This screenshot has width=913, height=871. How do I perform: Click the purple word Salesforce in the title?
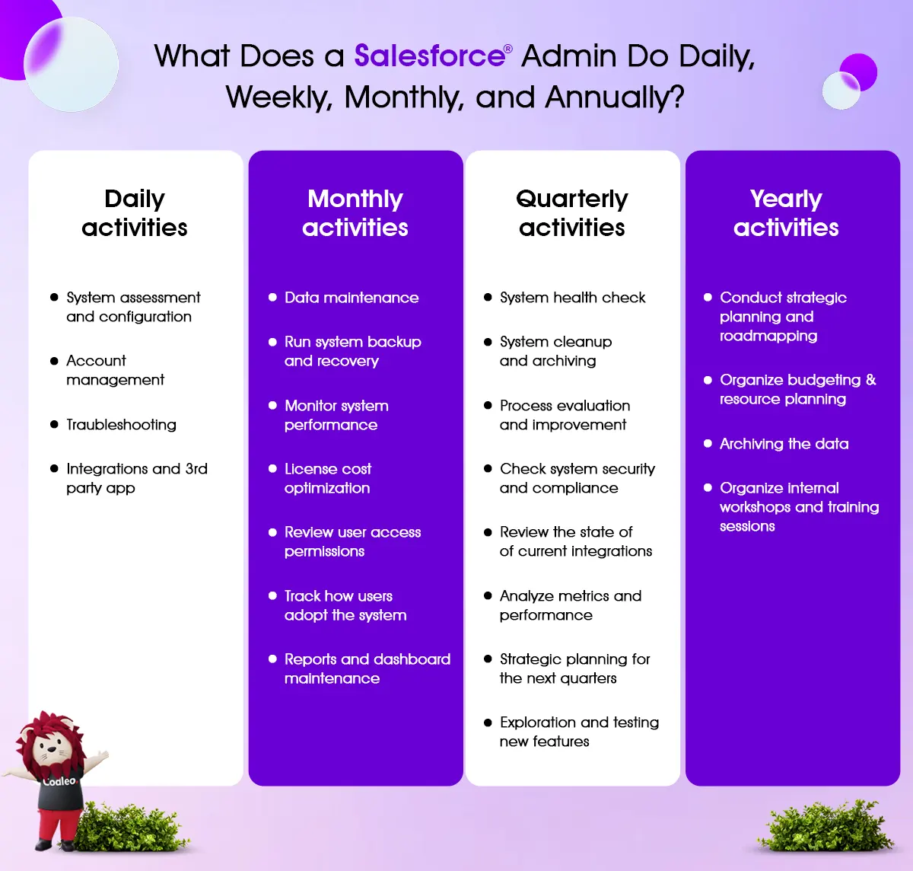coord(430,56)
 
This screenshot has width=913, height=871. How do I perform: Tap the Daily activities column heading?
coord(135,213)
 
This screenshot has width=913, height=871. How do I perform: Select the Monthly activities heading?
coord(355,213)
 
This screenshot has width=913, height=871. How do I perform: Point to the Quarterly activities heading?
coord(572,213)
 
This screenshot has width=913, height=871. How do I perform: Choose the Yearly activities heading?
coord(786,213)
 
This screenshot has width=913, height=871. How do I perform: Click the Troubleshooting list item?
coord(121,424)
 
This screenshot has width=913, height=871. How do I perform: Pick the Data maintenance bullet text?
coord(352,298)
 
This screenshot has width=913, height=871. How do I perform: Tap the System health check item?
coord(573,298)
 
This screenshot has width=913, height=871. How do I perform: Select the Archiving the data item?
coord(784,444)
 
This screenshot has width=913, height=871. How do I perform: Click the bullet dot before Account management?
coord(54,361)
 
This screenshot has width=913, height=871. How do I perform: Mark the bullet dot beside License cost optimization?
coord(272,468)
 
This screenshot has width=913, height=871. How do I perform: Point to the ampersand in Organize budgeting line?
coord(870,380)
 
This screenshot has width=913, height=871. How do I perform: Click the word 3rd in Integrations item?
coord(196,468)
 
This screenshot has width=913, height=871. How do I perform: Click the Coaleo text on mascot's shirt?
coord(59,781)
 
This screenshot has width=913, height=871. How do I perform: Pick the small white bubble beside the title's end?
coord(841,91)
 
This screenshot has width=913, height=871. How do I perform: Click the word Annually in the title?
coord(615,97)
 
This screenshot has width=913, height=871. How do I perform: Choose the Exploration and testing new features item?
coord(579,732)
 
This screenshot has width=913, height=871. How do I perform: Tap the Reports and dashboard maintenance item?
coord(367,668)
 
